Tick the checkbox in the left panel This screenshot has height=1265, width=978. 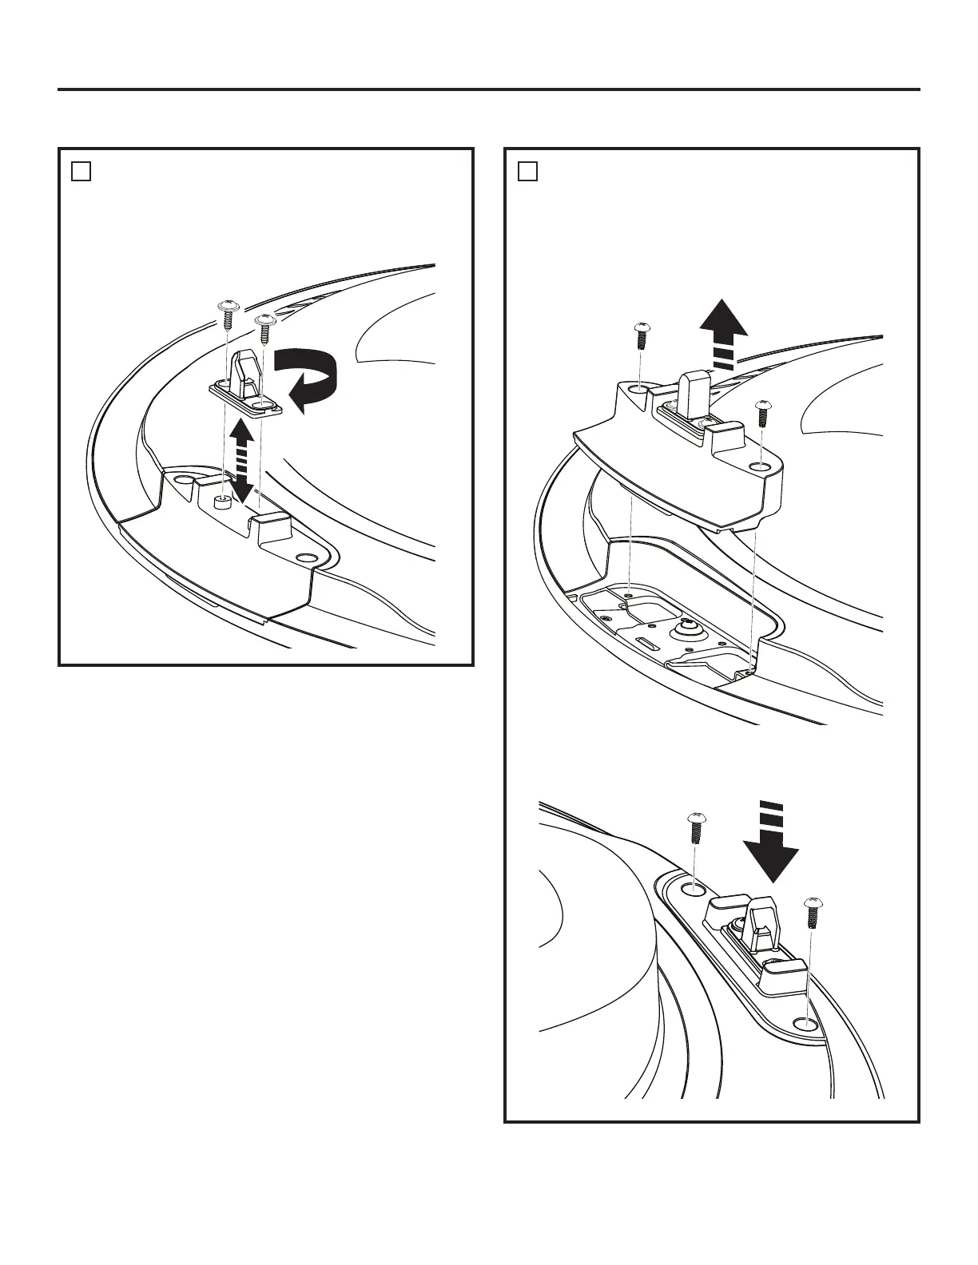coord(81,171)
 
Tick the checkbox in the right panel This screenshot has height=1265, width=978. coord(527,171)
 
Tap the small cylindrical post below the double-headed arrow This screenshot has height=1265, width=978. coord(222,501)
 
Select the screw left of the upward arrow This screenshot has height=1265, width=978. coord(640,335)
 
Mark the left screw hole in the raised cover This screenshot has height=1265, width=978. coord(637,389)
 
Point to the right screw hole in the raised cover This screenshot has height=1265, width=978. coord(761,465)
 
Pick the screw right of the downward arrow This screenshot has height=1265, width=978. coord(813,912)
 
